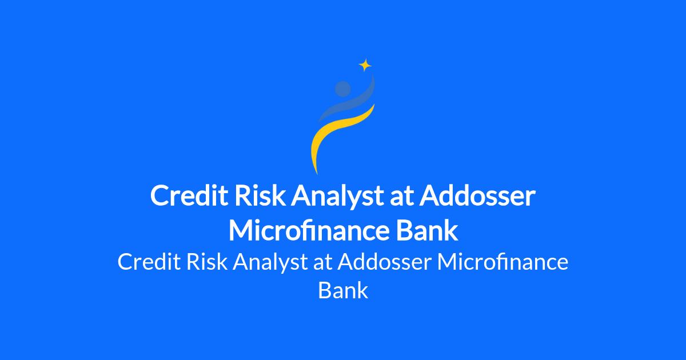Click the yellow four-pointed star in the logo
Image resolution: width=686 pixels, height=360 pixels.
365,65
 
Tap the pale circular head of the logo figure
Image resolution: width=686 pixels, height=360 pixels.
342,89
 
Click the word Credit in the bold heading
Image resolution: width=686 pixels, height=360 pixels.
189,195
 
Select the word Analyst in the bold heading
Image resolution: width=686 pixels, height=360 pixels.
337,197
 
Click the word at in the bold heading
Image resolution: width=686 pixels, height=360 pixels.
401,197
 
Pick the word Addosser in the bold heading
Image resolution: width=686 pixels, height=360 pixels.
477,195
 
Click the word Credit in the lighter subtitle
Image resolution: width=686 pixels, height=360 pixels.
149,262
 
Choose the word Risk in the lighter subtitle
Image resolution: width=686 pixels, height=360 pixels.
207,262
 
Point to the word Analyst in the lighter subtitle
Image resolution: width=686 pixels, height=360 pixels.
270,263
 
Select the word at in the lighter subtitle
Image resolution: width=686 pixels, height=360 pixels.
322,263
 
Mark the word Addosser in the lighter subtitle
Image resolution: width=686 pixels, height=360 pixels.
385,262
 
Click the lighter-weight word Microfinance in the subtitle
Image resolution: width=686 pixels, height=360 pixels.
503,262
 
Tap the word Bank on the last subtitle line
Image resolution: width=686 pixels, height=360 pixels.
343,290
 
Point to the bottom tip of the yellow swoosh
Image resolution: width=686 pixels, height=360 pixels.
317,174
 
